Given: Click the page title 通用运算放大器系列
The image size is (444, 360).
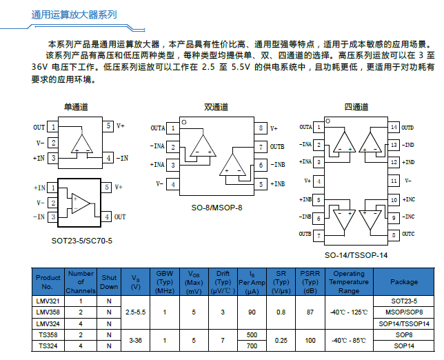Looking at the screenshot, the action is click(74, 14).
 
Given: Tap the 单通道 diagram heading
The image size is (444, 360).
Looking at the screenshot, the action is click(76, 107).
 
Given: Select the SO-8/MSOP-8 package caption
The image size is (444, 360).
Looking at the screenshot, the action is click(216, 208).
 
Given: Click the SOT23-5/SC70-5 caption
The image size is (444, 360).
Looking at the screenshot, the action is click(82, 241).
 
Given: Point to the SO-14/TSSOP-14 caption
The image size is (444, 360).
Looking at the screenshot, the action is click(356, 255).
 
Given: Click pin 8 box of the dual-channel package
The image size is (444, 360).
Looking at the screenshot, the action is click(261, 128).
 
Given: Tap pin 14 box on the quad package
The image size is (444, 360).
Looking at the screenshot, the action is click(394, 127).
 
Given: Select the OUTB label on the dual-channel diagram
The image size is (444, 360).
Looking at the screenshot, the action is click(277, 147).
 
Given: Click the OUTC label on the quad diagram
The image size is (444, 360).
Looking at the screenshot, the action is click(408, 234).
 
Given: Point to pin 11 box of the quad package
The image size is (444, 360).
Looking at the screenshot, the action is click(394, 181).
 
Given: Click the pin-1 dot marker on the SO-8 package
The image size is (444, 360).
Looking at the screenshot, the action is click(184, 122).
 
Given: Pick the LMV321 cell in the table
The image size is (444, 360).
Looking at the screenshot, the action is click(48, 301).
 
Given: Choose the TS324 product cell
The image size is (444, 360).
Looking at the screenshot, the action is click(48, 346).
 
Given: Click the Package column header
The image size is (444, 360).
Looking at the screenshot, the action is click(404, 282).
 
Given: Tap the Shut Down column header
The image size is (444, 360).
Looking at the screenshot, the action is click(109, 282).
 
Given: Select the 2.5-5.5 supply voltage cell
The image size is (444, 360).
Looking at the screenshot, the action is click(135, 312).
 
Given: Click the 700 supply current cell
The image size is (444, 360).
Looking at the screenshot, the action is click(252, 346).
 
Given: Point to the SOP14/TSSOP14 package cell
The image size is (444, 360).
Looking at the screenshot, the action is click(404, 323).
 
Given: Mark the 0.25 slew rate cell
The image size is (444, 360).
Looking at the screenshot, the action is click(281, 340).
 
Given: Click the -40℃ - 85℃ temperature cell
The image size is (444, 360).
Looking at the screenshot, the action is click(349, 340).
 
